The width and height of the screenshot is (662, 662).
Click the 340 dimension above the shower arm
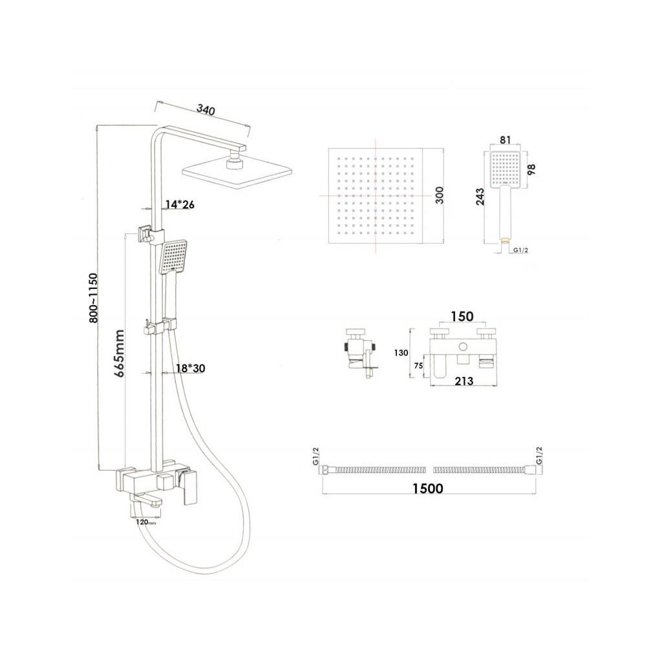point(205,111)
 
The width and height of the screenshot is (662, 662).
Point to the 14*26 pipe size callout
point(180,205)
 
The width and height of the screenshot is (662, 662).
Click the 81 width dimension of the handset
point(506,140)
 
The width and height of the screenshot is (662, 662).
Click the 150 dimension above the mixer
point(462,316)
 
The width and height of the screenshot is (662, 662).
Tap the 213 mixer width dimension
point(463,381)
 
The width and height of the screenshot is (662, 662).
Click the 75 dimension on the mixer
point(419,366)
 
